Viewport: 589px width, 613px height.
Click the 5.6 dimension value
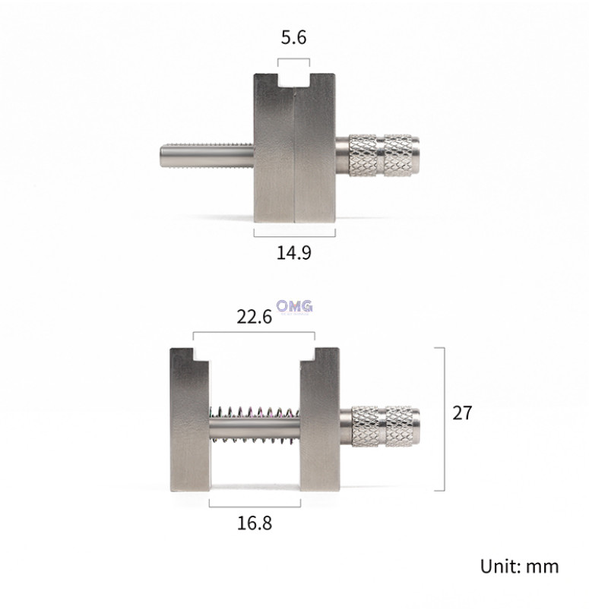point(293,38)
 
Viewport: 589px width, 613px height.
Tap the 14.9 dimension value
point(293,252)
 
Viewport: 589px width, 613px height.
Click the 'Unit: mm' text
point(519,566)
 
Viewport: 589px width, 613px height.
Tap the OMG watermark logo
point(294,306)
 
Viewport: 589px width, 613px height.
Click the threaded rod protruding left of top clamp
point(206,157)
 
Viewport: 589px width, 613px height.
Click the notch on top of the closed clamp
point(293,80)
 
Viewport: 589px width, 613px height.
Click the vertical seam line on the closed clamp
point(293,152)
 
